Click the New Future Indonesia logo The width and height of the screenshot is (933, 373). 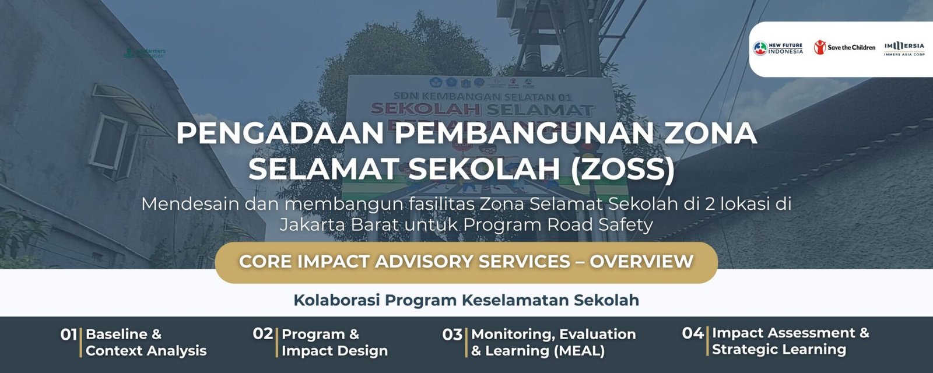(778, 48)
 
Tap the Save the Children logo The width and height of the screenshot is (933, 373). (844, 47)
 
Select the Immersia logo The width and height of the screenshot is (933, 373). (904, 48)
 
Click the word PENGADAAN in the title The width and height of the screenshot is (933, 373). (280, 133)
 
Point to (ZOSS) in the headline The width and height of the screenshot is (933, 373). (622, 168)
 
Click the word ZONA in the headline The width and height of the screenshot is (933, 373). (710, 133)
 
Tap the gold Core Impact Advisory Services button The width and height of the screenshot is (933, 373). (466, 262)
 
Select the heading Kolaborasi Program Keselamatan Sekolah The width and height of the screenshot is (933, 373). (466, 300)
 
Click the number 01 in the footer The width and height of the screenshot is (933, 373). (69, 335)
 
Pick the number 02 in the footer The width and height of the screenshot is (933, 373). (263, 334)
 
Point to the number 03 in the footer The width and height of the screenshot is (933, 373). (452, 335)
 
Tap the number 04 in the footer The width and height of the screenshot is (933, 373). (693, 333)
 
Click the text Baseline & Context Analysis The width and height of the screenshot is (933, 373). (146, 342)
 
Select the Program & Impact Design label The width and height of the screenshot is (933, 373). (334, 342)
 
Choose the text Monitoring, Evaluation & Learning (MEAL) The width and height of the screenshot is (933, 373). (553, 342)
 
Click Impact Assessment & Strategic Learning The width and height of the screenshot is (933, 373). (790, 341)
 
